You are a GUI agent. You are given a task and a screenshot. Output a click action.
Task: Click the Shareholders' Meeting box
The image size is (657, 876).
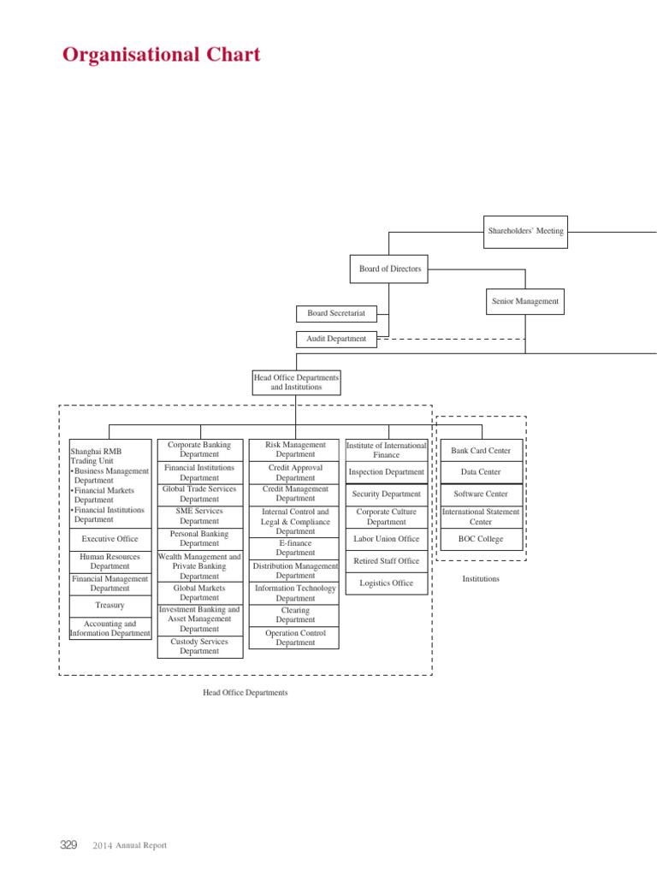coord(525,231)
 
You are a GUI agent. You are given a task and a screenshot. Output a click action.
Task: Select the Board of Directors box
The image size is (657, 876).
coord(390,269)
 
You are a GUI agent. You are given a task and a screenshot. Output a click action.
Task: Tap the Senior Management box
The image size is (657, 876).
coord(525,301)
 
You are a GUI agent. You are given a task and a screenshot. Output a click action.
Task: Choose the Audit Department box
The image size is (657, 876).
coord(336,339)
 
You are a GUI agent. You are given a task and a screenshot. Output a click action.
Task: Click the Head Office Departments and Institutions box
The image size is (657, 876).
coord(296,382)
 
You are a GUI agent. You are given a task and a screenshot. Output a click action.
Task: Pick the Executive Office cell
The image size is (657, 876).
coord(109,539)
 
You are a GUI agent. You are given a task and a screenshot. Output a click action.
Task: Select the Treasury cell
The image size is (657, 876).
coord(109,605)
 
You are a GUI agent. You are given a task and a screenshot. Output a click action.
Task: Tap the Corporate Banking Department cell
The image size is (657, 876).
coord(199,450)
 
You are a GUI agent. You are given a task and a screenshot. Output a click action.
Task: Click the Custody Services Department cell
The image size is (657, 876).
coord(199,646)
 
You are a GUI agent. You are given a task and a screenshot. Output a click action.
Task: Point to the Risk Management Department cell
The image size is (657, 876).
coord(295,450)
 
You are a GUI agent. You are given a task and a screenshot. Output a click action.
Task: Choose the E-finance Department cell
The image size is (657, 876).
coord(295,547)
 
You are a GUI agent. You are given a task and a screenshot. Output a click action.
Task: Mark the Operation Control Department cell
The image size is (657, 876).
coord(295,638)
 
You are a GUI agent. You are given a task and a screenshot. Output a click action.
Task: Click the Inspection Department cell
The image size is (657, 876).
coord(387,472)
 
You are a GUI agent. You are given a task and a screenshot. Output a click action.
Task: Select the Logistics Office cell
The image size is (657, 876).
coord(387,583)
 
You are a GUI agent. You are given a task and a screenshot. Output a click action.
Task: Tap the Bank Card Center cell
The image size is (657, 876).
coord(481,451)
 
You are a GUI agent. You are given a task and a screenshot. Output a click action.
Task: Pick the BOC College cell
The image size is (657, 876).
coord(481,540)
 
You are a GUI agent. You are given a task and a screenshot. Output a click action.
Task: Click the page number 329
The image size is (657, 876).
coord(68,845)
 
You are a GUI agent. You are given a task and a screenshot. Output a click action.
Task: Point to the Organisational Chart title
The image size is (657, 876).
coord(162,56)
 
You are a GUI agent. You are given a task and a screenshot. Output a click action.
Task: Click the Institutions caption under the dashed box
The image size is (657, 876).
coord(481,579)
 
